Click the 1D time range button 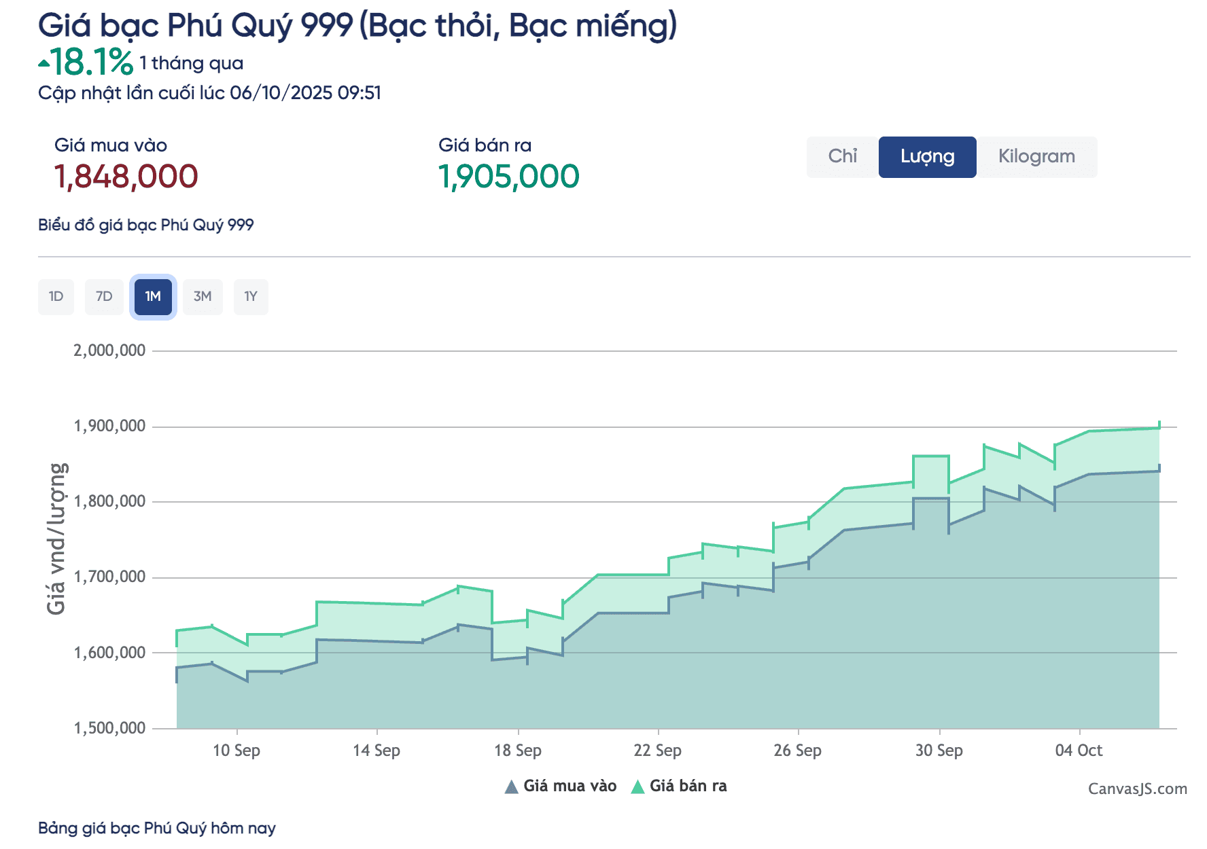coord(56,297)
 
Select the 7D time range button coord(104,297)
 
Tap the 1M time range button coord(153,297)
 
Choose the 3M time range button coord(203,297)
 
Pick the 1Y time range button coord(251,297)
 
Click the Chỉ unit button coord(842,157)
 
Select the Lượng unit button coord(927,157)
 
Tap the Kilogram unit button coord(1036,157)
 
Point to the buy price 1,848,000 coord(126,177)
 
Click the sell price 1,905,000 coord(508,177)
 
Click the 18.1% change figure coord(91,62)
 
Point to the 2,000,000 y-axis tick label coord(109,350)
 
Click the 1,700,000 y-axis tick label coord(109,577)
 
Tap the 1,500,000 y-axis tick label coord(109,728)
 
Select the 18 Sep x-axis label coord(518,751)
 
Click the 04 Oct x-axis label coord(1079,751)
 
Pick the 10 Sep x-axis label coord(237,751)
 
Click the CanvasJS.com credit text coord(1137,789)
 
